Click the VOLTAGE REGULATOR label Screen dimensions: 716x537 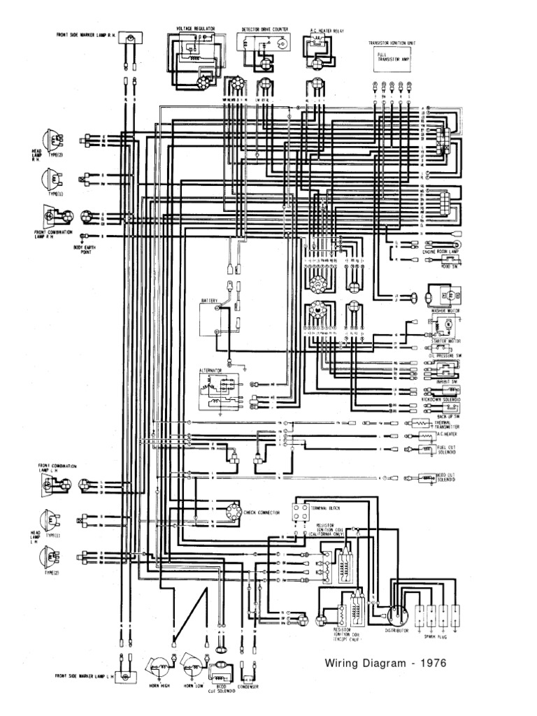tap(196, 29)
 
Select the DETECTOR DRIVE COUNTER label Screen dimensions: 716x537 tap(265, 30)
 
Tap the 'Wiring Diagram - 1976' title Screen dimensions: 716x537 tap(385, 663)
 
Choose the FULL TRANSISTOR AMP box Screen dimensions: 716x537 tap(390, 60)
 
